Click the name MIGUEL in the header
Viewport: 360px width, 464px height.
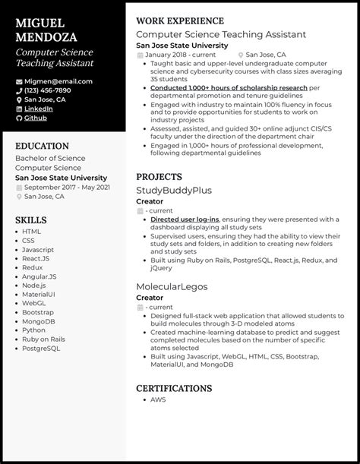pos(39,24)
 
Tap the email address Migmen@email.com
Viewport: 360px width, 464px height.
pos(58,81)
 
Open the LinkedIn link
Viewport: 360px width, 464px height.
pos(38,109)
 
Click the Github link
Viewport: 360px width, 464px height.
pos(35,118)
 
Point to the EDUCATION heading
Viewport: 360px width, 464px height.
pos(42,146)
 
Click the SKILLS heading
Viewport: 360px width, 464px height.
pos(30,220)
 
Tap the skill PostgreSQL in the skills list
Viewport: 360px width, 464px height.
pos(40,349)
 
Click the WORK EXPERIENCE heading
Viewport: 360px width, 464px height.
pos(179,21)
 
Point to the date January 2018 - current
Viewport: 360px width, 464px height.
pos(181,55)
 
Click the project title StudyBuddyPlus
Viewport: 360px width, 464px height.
pos(173,190)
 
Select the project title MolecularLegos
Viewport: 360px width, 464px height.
pos(171,286)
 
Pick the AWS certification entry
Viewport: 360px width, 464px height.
pos(157,399)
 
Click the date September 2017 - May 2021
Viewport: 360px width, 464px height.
pos(67,187)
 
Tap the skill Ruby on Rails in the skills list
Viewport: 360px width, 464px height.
pos(43,339)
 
